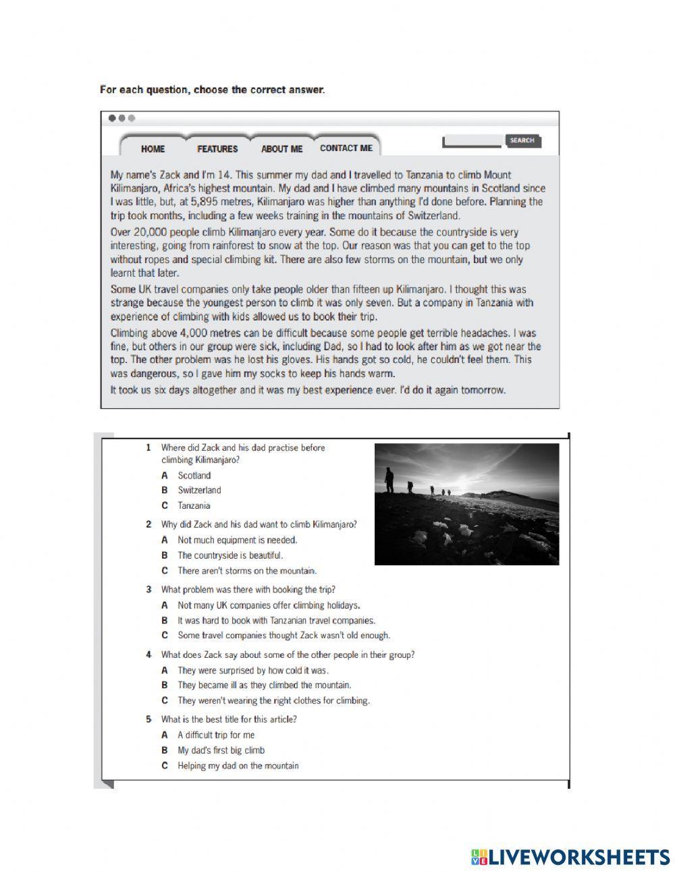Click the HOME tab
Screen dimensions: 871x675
point(153,148)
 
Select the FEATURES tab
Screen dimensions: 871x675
point(217,148)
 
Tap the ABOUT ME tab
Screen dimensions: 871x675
point(281,148)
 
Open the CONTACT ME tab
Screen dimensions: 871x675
point(346,148)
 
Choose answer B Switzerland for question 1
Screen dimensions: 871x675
point(198,490)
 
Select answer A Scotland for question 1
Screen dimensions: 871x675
point(194,476)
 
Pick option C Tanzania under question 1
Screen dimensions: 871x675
point(194,505)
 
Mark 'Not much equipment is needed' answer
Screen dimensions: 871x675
point(237,540)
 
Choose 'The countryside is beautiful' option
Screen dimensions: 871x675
point(230,555)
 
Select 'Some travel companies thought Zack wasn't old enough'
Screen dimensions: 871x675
point(283,635)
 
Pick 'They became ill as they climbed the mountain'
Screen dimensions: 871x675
point(264,685)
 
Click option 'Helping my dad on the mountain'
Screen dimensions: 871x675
point(238,766)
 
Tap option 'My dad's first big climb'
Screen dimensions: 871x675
point(221,750)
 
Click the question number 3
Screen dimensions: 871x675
point(148,590)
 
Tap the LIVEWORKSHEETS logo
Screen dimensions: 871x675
point(570,857)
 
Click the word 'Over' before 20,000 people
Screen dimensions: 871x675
point(122,231)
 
